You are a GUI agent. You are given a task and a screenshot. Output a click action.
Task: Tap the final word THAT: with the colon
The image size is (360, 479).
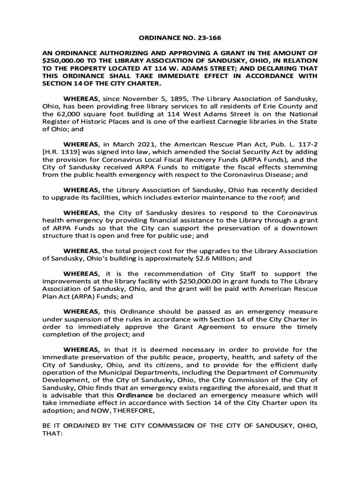coord(52,434)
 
